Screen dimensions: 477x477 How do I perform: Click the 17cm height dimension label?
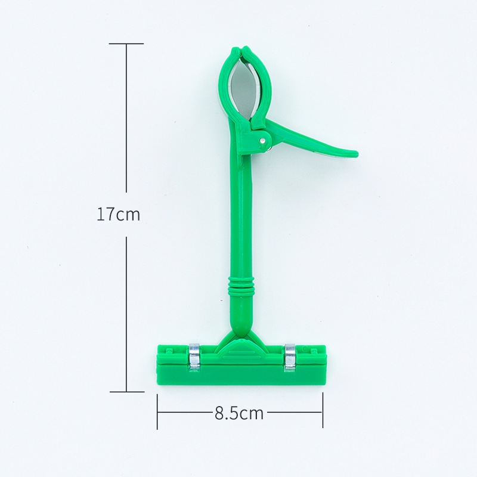[118, 214]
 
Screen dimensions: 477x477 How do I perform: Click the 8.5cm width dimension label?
[239, 413]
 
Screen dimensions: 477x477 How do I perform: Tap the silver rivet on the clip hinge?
[262, 140]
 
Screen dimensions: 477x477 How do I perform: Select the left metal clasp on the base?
[194, 357]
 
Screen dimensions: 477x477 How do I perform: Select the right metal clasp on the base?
[289, 357]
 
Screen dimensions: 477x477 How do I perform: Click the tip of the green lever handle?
[357, 154]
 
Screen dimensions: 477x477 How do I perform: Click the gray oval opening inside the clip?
[243, 89]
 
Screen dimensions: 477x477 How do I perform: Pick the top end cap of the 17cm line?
[126, 44]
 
